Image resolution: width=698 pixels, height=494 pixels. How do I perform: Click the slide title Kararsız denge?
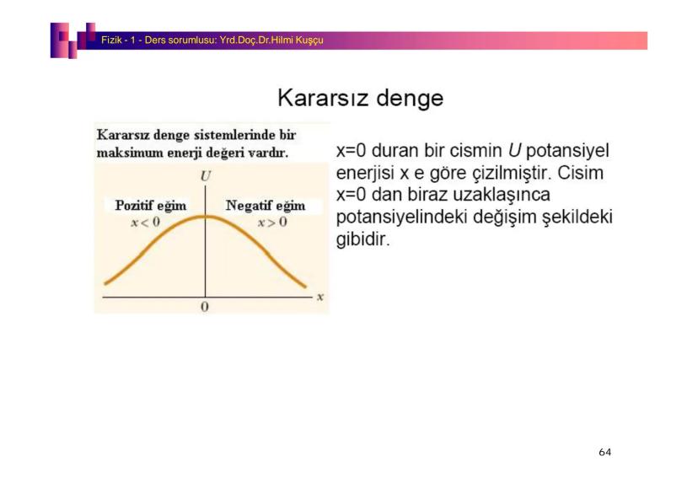[361, 99]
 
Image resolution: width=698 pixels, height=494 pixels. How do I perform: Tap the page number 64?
[605, 452]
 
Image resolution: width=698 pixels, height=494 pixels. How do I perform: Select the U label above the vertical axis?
[205, 176]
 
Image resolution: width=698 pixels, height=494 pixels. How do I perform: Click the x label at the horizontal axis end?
[320, 297]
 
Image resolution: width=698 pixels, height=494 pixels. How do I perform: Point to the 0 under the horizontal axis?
[204, 307]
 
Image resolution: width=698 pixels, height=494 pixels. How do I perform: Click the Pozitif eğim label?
[151, 206]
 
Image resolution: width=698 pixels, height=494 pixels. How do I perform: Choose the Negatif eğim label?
[266, 206]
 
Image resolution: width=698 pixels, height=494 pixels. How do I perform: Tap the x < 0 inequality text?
[145, 222]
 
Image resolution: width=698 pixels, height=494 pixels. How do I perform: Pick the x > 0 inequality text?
[272, 222]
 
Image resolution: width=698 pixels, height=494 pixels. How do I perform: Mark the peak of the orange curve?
[205, 217]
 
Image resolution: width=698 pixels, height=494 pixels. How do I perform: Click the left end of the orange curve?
[105, 283]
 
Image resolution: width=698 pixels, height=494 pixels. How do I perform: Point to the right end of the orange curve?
[305, 287]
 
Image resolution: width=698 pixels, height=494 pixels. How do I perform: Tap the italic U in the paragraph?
[514, 150]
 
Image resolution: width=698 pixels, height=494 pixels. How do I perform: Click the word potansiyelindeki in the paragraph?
[401, 217]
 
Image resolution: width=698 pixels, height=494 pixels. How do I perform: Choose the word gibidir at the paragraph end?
[362, 239]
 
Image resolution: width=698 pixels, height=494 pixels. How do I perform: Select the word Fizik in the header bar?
[111, 40]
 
